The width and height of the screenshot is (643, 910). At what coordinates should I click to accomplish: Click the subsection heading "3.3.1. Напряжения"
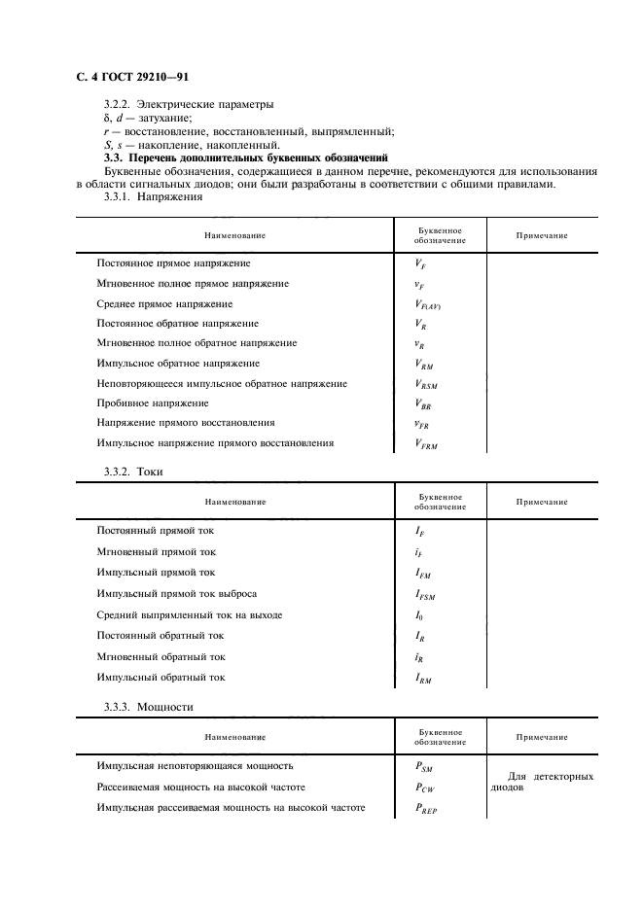pyautogui.click(x=153, y=197)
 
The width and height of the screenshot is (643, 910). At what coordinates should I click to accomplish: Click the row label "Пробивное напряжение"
pyautogui.click(x=153, y=402)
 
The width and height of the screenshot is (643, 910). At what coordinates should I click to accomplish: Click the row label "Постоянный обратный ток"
pyautogui.click(x=161, y=635)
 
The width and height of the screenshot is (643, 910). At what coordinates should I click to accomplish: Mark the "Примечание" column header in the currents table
pyautogui.click(x=542, y=502)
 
